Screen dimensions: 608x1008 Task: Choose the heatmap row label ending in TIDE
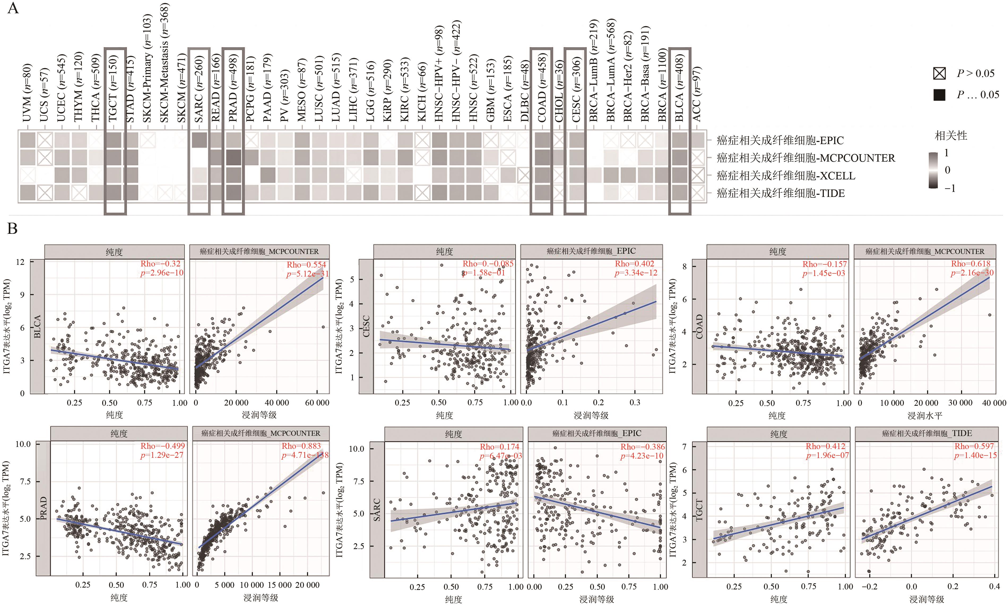[x=780, y=193]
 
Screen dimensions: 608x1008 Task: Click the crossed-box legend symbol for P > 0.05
[x=939, y=74]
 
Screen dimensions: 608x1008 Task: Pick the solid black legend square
[x=939, y=95]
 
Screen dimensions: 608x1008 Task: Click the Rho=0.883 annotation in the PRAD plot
[x=301, y=446]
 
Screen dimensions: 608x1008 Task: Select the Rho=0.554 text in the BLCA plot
[x=306, y=264]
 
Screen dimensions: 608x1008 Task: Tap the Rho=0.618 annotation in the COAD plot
[x=971, y=264]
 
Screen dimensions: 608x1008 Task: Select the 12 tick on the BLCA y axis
[x=20, y=262]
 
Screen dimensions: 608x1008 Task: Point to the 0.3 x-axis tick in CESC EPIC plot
[x=634, y=403]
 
